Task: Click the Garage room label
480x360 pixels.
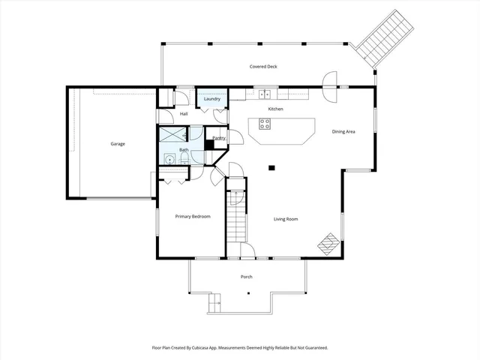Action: click(x=118, y=143)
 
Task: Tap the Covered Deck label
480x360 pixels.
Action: click(x=263, y=67)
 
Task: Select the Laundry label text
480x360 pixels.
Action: click(x=212, y=99)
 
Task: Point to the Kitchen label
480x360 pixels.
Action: click(x=275, y=109)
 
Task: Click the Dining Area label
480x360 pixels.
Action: click(x=343, y=132)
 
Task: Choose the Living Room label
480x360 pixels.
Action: click(x=286, y=219)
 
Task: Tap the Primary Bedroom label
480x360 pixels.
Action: click(x=193, y=217)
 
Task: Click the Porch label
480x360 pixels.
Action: click(x=246, y=277)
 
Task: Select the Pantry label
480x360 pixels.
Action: click(x=219, y=138)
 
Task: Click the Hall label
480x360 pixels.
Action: click(x=184, y=114)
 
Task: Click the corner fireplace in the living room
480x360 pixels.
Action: click(x=328, y=243)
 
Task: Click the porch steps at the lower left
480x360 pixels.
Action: click(x=214, y=302)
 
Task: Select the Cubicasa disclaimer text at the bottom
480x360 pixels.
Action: click(x=240, y=348)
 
